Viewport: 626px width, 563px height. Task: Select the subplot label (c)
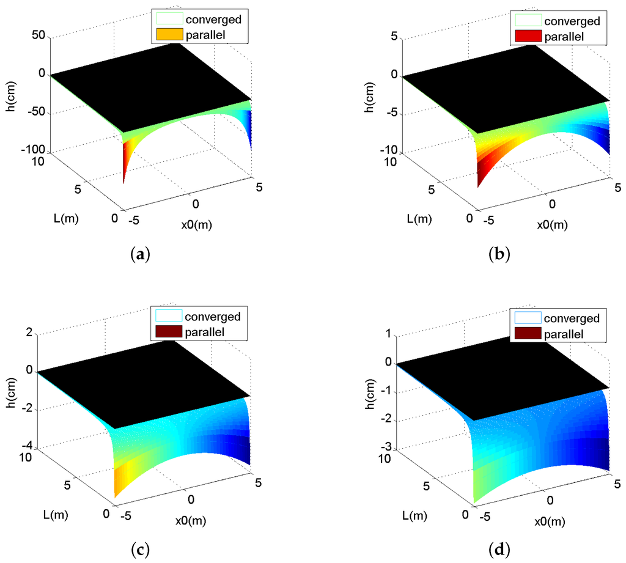[x=140, y=550]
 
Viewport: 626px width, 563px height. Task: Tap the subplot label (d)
[x=500, y=550]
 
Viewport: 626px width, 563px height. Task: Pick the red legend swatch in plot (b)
[x=528, y=37]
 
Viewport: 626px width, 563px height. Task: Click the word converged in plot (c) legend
[x=213, y=317]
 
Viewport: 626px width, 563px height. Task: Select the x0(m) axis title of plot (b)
[x=552, y=224]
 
